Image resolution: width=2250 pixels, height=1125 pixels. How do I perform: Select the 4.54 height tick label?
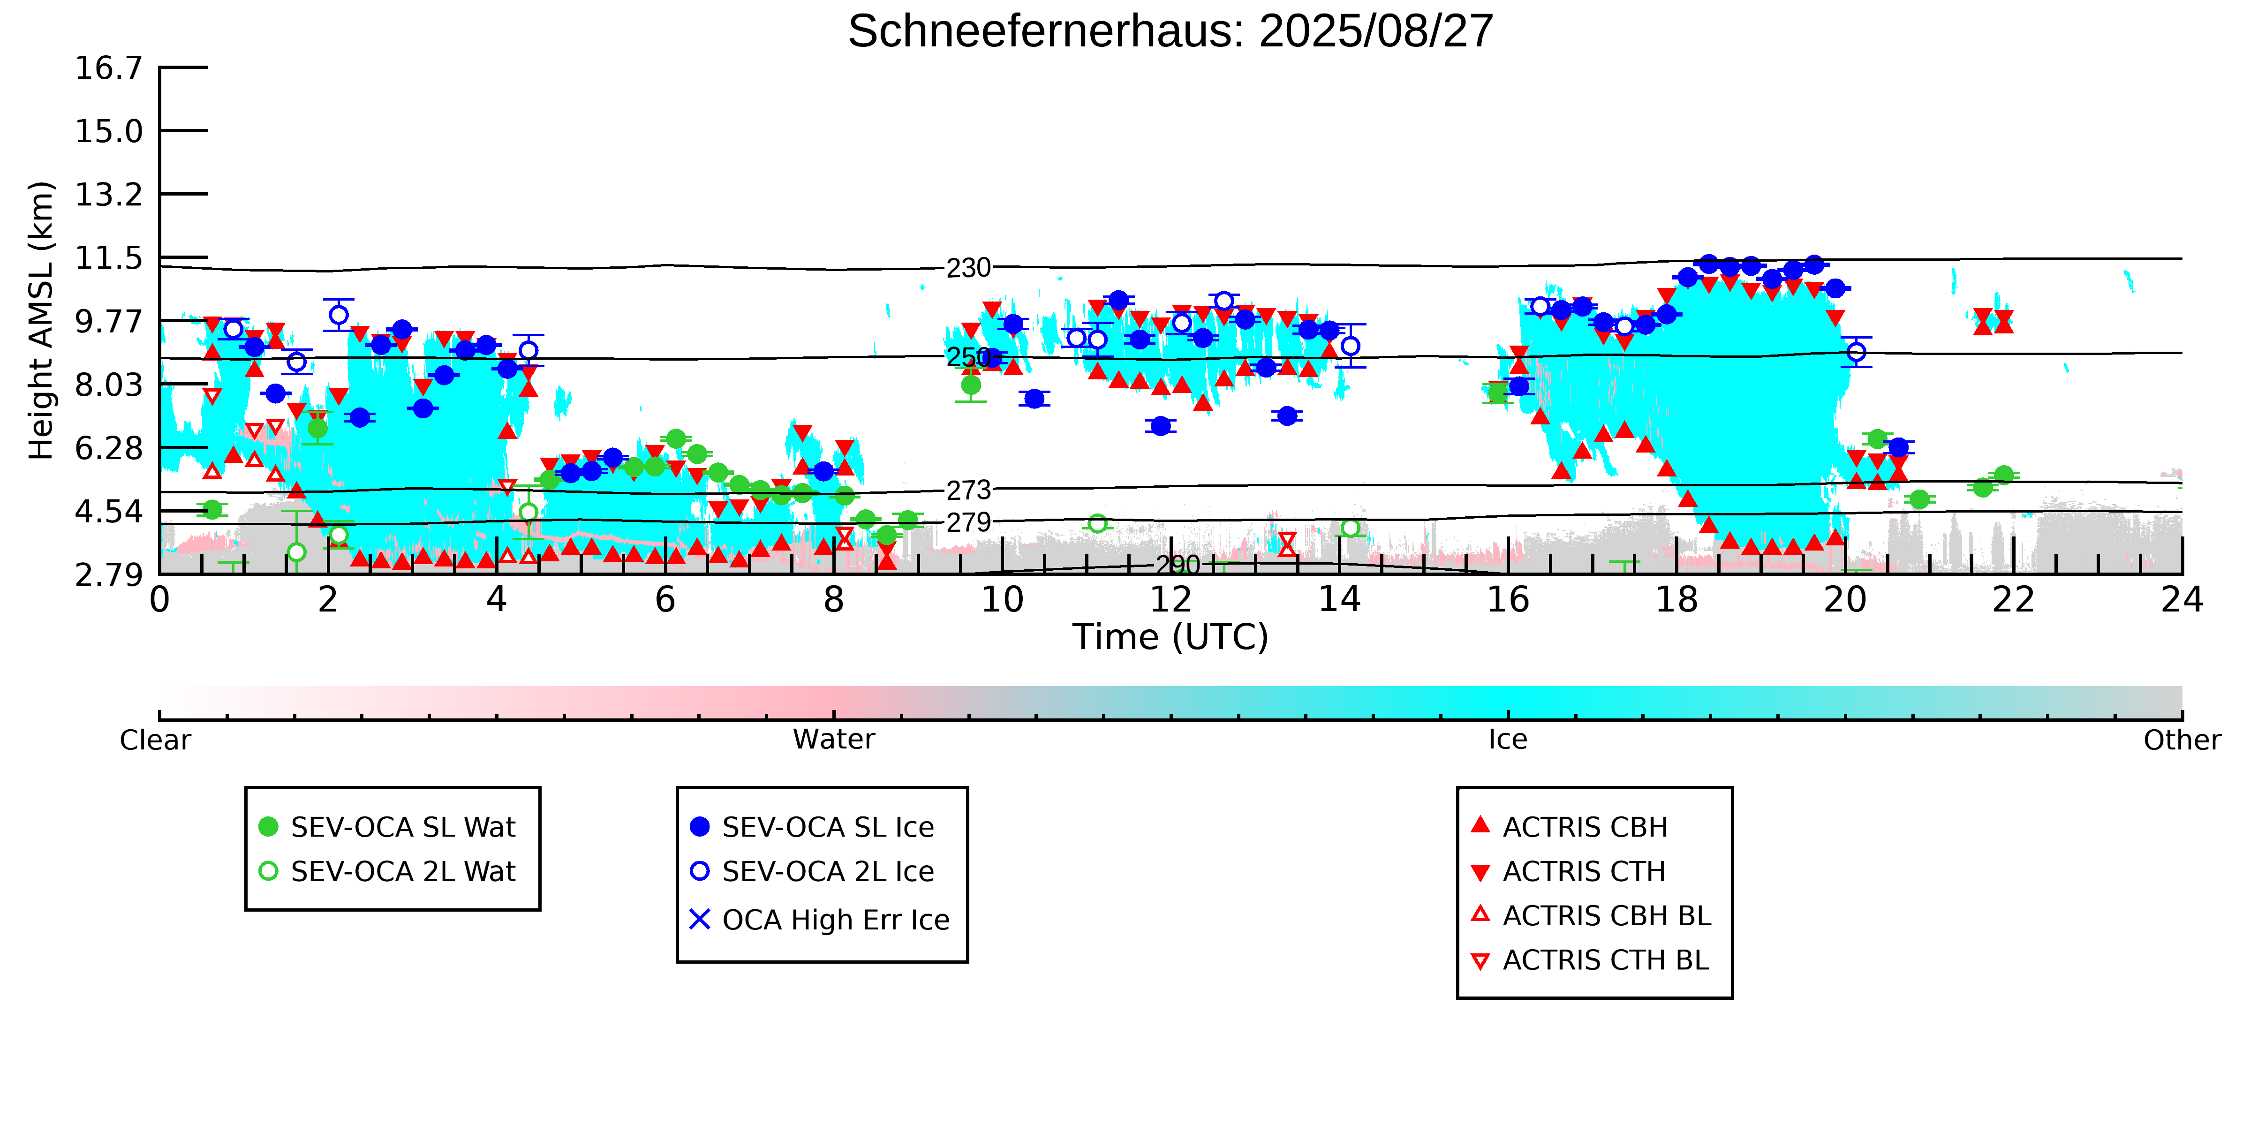pyautogui.click(x=108, y=512)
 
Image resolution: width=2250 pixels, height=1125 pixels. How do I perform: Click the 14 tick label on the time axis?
pyautogui.click(x=1339, y=600)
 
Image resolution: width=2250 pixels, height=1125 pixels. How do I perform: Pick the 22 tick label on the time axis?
pyautogui.click(x=2013, y=600)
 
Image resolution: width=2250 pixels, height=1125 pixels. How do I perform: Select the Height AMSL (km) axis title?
pyautogui.click(x=41, y=321)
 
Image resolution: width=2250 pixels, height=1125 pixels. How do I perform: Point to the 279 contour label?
pyautogui.click(x=969, y=522)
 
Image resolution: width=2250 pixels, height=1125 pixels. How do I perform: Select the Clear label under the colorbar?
pyautogui.click(x=156, y=740)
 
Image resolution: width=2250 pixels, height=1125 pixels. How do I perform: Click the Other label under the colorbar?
pyautogui.click(x=2181, y=740)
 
